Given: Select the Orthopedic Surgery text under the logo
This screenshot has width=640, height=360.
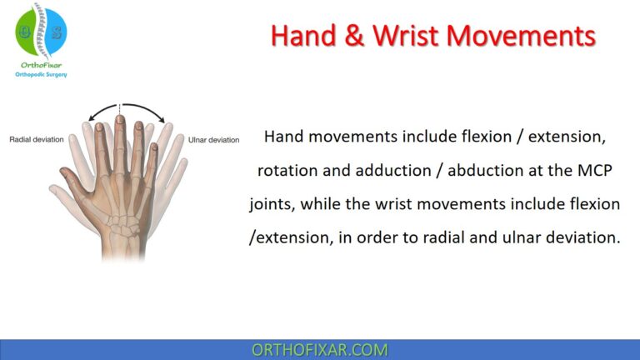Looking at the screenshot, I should pos(42,74).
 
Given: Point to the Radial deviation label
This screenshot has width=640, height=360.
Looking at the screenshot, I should pos(36,139).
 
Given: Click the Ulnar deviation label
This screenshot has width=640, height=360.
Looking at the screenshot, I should pos(214,139).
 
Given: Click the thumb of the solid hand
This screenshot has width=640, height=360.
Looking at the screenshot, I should pos(71,179).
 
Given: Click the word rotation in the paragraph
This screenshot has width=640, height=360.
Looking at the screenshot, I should pos(288,169).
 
